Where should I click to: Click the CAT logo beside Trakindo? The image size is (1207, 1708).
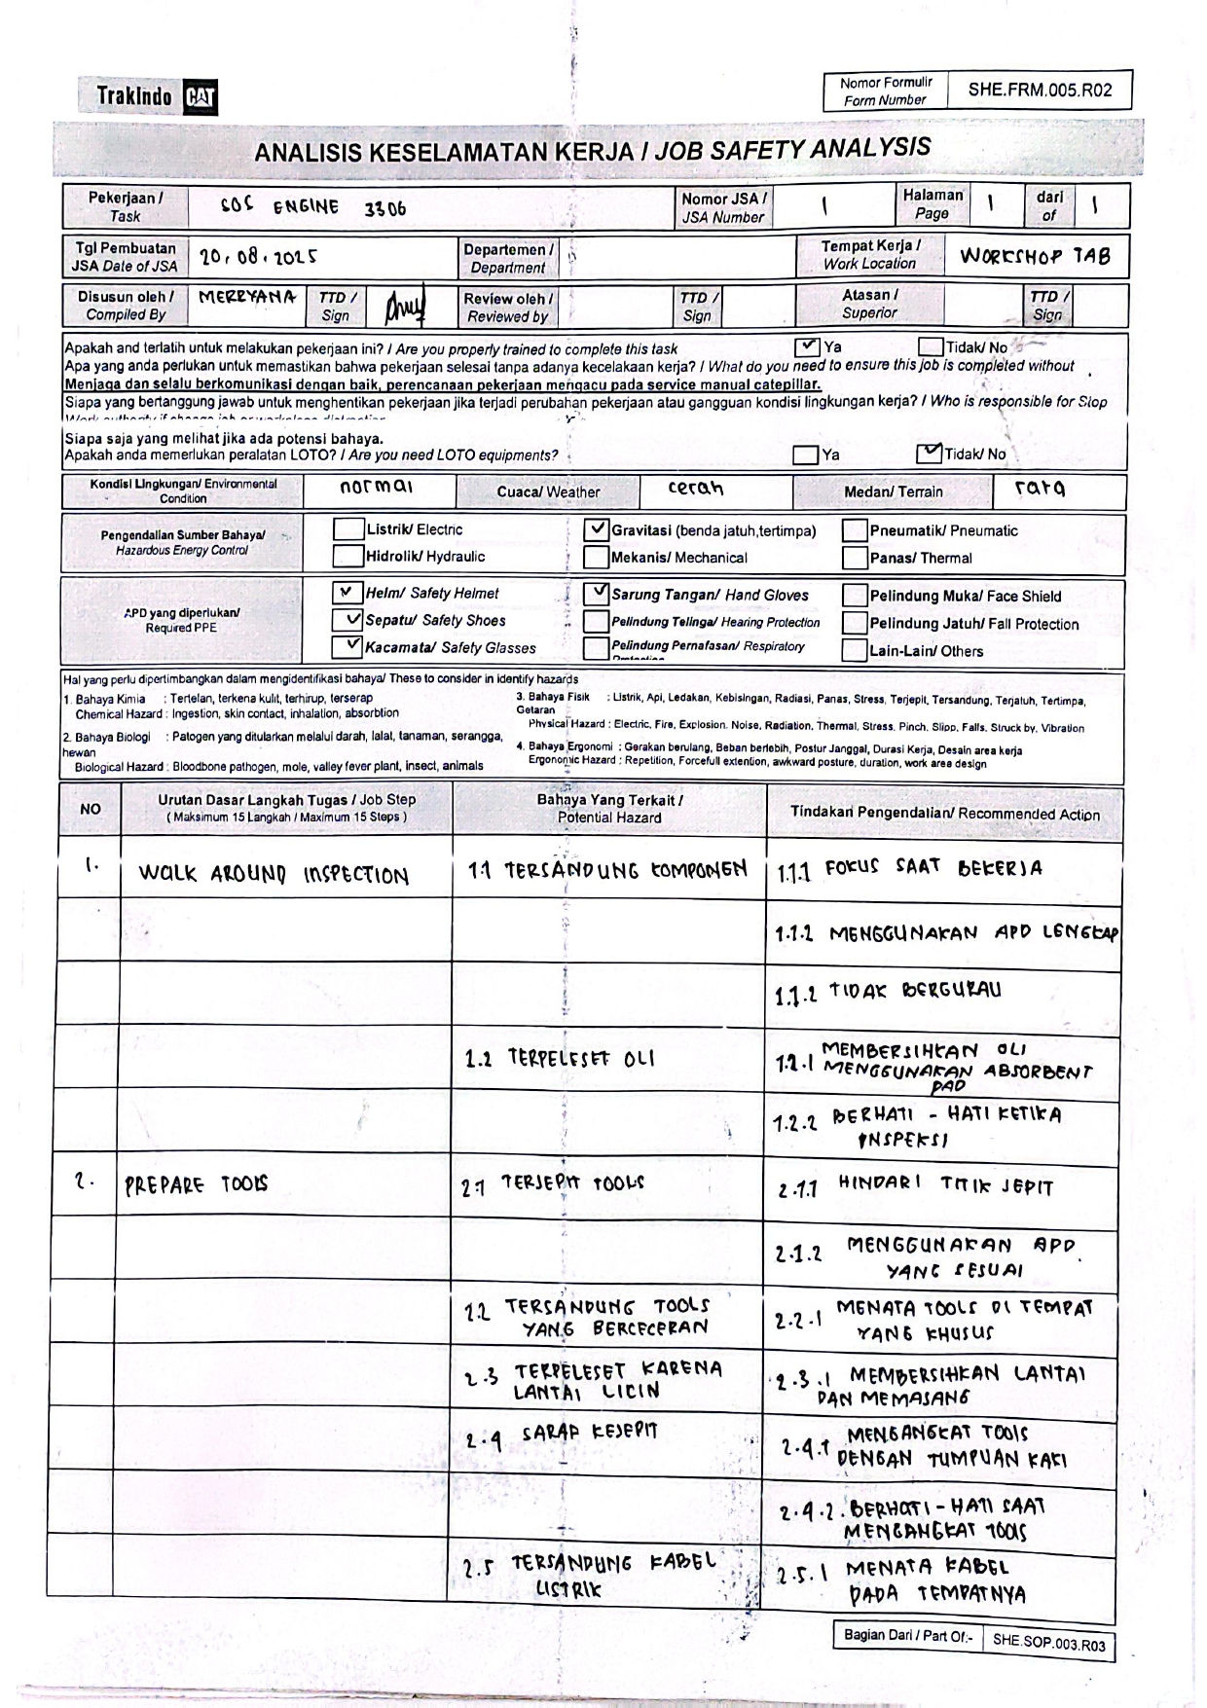coord(201,97)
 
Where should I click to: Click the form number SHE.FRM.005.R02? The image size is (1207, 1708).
coord(1039,91)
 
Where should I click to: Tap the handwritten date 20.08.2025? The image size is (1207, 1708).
coord(258,258)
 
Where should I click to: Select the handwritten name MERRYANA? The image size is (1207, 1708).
coord(246,297)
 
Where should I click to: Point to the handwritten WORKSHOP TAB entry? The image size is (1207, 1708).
coord(1034,256)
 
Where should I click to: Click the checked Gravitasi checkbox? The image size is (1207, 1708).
coord(596,530)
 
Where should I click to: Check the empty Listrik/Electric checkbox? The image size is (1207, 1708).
coord(347,529)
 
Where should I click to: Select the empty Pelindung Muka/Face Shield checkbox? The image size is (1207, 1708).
coord(854,596)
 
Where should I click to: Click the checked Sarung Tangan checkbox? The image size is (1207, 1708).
coord(596,593)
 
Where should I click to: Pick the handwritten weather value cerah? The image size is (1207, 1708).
coord(695,489)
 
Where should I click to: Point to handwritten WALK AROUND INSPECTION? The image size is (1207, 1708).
coord(273,874)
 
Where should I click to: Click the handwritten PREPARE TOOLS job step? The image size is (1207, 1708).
coord(195,1185)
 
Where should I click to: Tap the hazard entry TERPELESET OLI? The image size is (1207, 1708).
coord(560,1059)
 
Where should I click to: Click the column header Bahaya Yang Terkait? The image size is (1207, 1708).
coord(609,809)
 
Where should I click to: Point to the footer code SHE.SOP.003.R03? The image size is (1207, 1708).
coord(1048,1644)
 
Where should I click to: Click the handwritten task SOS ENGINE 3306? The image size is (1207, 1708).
coord(312,207)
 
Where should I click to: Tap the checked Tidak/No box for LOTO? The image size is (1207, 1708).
coord(929,454)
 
